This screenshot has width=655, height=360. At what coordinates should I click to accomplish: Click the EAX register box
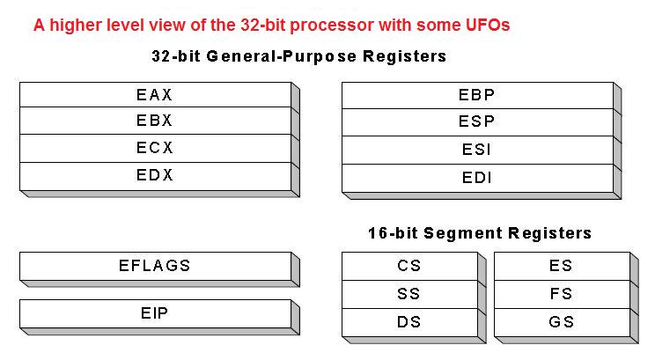(x=155, y=93)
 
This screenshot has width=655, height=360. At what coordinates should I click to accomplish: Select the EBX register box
(x=155, y=121)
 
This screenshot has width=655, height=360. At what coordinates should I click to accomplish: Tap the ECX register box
(x=155, y=148)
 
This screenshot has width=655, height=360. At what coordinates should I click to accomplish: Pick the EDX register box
(x=155, y=175)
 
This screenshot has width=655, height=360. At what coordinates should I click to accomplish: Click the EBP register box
(x=476, y=94)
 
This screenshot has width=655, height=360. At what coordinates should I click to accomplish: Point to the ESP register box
(x=476, y=121)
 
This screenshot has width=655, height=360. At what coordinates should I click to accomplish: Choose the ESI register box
(x=476, y=149)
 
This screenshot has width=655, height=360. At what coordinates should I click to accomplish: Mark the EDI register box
(x=476, y=177)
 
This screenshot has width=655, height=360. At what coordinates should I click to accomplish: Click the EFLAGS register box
(x=155, y=265)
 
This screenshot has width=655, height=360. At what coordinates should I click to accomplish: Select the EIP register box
(x=155, y=312)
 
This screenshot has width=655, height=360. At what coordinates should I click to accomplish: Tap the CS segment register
(x=408, y=265)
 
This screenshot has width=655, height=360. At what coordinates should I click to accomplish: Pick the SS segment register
(x=408, y=293)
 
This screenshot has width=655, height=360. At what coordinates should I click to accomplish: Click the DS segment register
(x=408, y=321)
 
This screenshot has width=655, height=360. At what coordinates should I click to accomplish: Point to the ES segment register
(x=561, y=265)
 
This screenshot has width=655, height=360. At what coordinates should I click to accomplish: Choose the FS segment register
(x=561, y=293)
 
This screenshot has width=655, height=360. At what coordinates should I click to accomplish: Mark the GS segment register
(x=561, y=321)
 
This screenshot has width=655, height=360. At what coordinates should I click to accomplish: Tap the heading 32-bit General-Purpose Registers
(x=299, y=56)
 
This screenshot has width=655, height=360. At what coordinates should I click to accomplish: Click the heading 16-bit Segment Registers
(x=480, y=233)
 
